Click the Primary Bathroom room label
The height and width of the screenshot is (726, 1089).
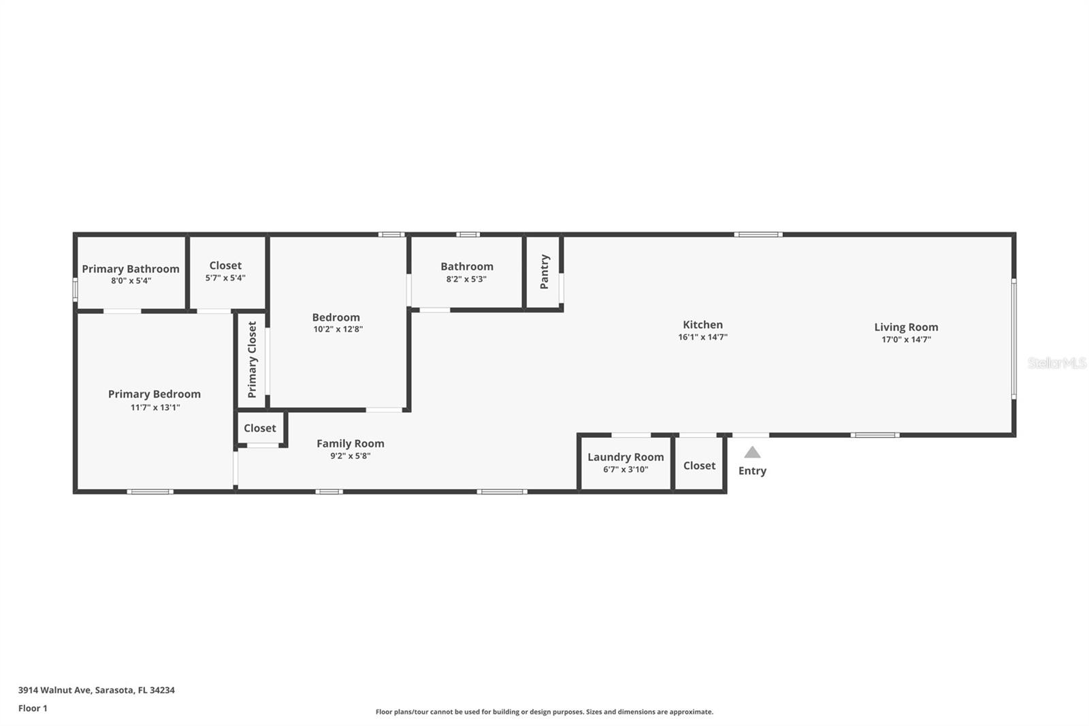pos(131,269)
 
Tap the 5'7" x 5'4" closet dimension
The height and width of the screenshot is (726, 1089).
pos(225,278)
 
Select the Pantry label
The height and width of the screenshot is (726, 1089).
pos(544,272)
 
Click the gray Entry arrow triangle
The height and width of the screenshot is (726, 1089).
pos(752,452)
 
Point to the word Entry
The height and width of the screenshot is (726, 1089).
pos(752,471)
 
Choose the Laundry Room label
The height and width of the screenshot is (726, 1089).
pos(625,457)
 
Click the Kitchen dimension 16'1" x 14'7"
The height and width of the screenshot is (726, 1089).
pos(702,337)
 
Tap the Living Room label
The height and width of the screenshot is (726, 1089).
pos(906,327)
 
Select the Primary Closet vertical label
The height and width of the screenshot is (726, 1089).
pos(253,360)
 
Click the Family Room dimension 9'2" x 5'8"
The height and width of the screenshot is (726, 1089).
pos(350,456)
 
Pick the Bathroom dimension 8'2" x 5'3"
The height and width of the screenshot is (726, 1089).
pos(466,279)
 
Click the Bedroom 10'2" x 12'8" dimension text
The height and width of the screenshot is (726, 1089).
pos(338,330)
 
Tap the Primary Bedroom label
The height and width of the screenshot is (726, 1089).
pos(155,394)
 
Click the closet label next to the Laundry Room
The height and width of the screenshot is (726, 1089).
pos(699,465)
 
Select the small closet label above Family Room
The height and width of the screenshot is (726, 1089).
pos(259,428)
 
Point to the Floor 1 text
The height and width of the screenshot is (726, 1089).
pos(33,708)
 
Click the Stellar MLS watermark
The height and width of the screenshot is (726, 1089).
pos(1056,363)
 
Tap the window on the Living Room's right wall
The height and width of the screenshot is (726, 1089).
pos(1013,339)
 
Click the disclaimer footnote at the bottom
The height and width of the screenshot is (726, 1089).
pos(544,712)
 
